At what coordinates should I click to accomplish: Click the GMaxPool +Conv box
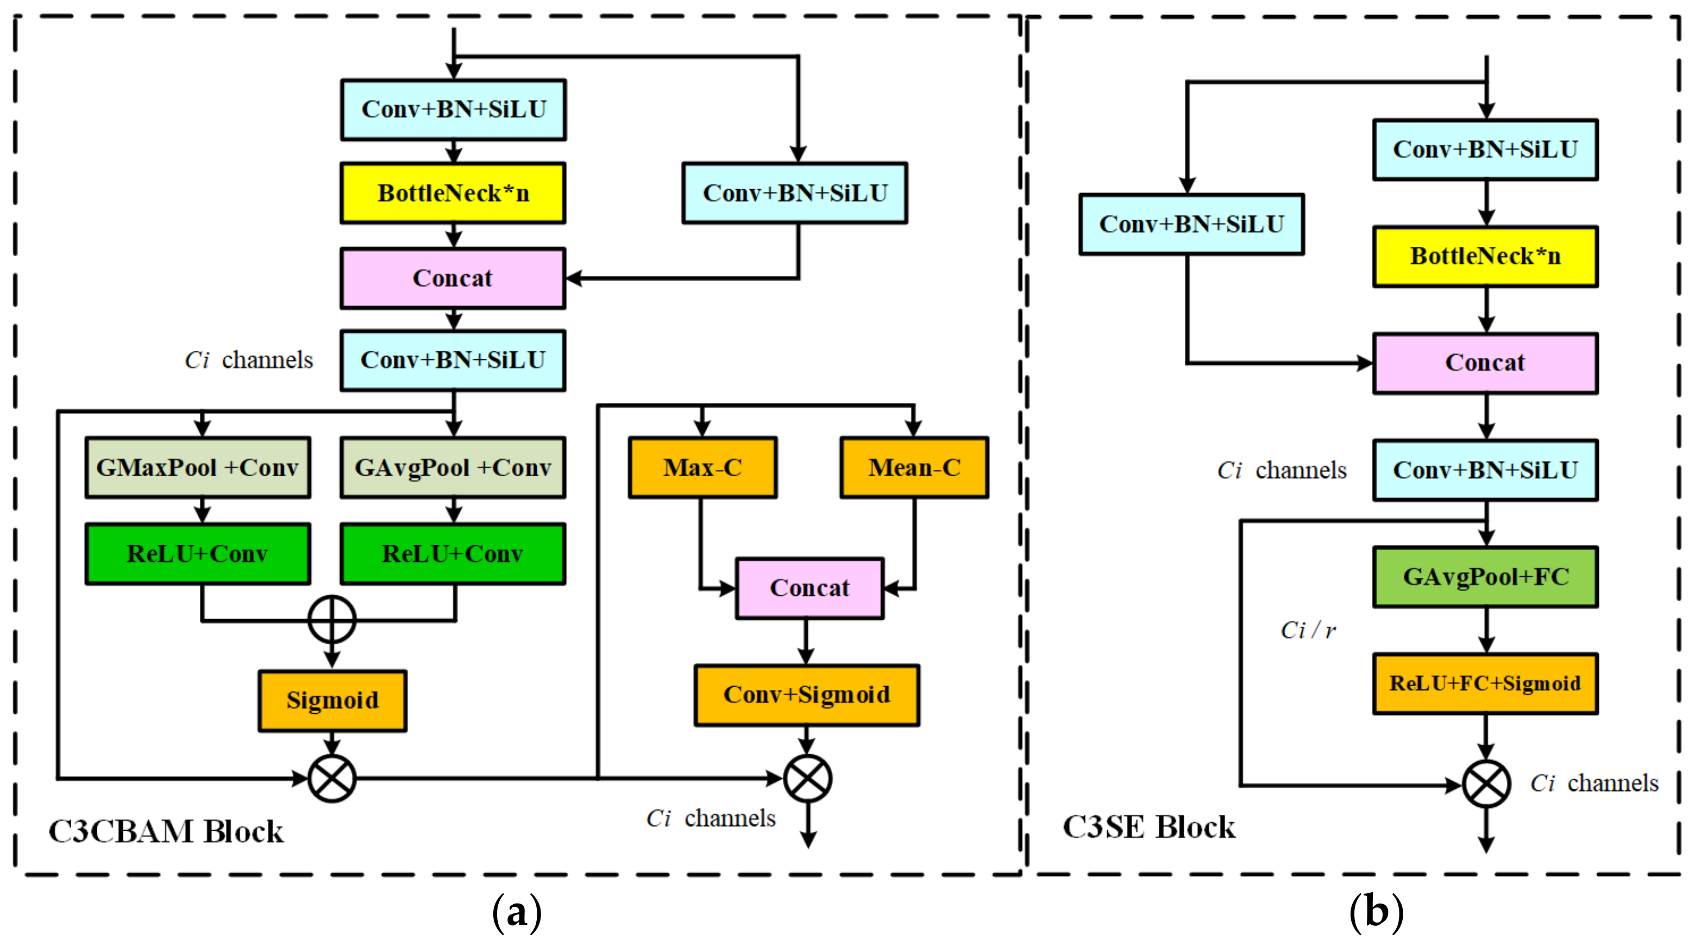(x=197, y=468)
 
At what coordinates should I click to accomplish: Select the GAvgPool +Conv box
(x=453, y=468)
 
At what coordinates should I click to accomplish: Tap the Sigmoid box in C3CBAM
(x=332, y=700)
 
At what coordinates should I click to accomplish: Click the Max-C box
(x=703, y=468)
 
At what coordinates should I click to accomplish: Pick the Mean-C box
(x=914, y=468)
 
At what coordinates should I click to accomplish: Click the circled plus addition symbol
(x=332, y=619)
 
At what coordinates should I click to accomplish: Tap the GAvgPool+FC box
(x=1485, y=577)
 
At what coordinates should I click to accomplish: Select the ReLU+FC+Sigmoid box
(x=1485, y=683)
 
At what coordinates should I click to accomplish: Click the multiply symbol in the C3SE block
(x=1486, y=784)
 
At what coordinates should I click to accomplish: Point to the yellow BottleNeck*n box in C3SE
(x=1485, y=256)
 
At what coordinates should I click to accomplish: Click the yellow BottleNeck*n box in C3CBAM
(x=453, y=194)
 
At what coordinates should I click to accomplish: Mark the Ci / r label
(x=1308, y=631)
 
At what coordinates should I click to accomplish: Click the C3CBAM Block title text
(x=166, y=831)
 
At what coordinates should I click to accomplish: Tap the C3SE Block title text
(x=1149, y=827)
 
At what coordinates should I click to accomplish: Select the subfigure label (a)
(x=517, y=912)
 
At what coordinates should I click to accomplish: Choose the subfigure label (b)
(x=1376, y=912)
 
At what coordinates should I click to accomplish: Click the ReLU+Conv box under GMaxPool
(x=197, y=553)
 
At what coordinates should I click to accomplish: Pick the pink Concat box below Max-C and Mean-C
(x=809, y=588)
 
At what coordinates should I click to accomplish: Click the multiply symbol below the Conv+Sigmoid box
(x=807, y=778)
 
